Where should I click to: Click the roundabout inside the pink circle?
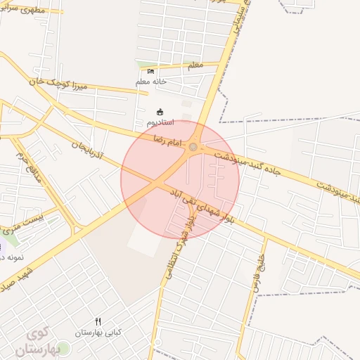193,147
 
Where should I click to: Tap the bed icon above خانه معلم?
150,72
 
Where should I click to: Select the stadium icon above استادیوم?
160,112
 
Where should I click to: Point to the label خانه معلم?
150,82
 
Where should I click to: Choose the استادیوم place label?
161,122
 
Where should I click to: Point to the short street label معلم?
194,65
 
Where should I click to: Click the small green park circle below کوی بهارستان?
63,349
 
